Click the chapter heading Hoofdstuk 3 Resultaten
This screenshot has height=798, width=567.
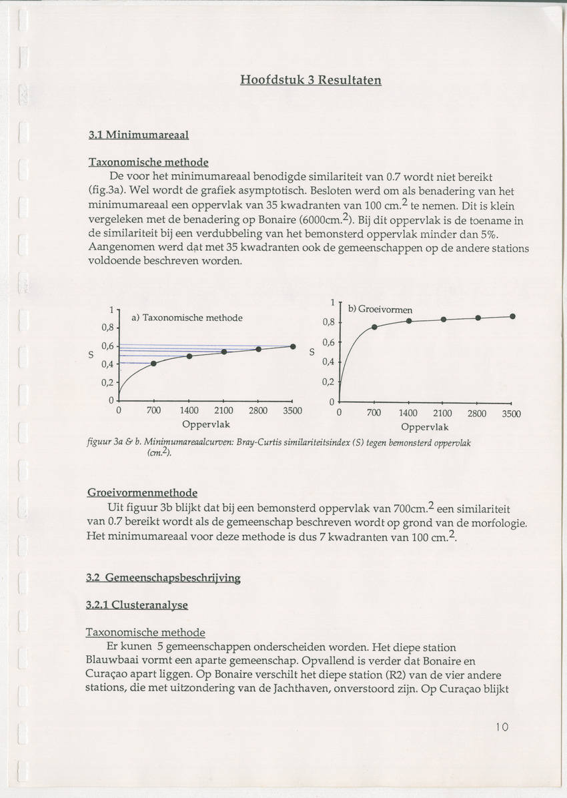pos(311,80)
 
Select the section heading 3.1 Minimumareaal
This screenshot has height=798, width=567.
pos(139,135)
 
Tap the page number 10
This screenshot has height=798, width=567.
pos(502,727)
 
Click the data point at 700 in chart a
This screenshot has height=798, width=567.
pos(153,363)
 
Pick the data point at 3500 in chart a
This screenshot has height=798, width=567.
pos(293,346)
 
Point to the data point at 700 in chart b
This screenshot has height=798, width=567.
pos(374,327)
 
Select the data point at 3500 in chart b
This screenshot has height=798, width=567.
pos(512,316)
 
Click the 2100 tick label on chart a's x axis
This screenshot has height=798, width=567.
pos(223,411)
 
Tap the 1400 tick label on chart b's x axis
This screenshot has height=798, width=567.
pos(408,414)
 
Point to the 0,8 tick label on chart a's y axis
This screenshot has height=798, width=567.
pos(108,328)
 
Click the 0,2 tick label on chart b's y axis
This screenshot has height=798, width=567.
pos(328,382)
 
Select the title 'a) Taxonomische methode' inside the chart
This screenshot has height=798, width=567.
pos(187,318)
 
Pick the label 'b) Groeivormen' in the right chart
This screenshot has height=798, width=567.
pos(380,309)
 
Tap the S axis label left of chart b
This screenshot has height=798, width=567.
pos(312,352)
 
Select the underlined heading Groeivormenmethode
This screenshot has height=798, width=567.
pos(142,493)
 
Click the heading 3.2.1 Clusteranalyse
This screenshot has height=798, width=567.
pos(137,605)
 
